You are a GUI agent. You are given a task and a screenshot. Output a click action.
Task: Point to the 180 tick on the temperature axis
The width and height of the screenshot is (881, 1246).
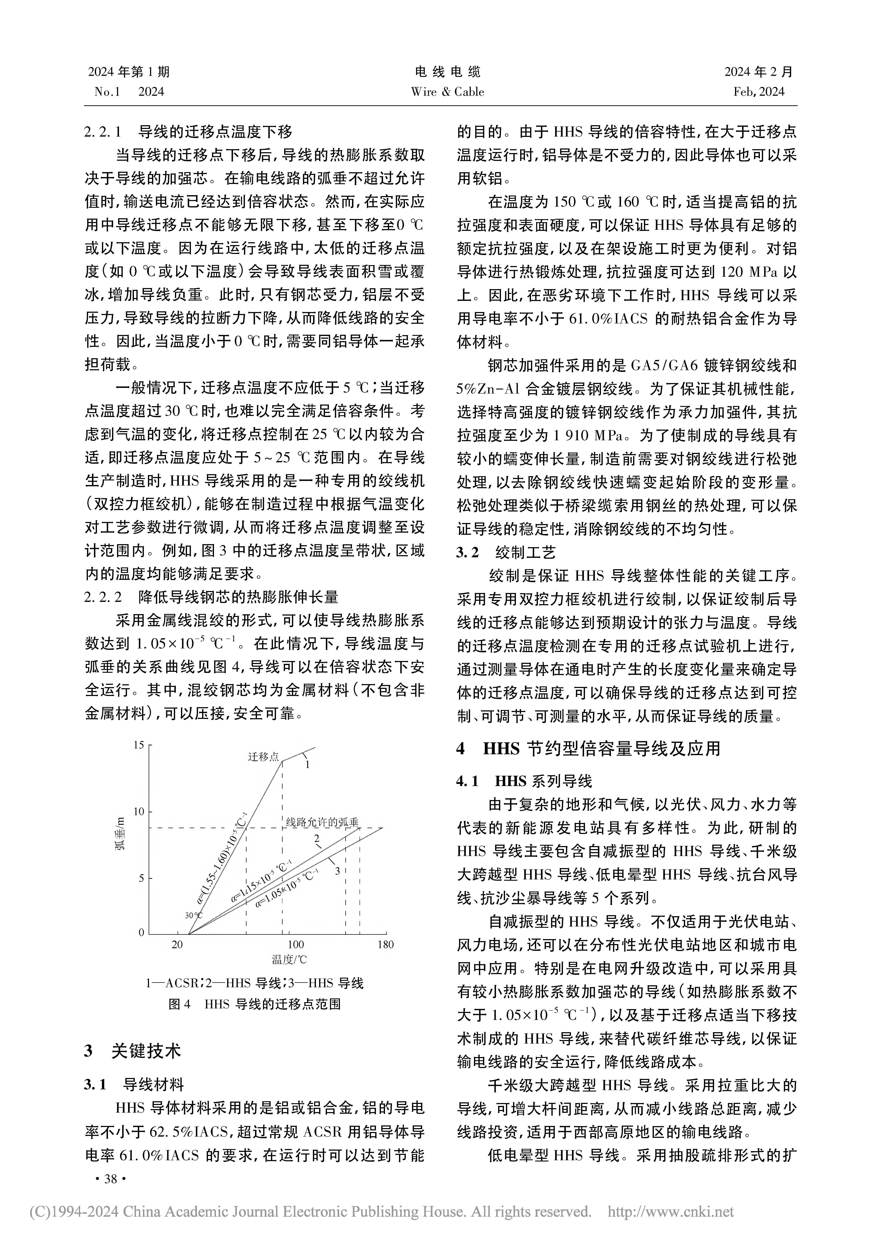pyautogui.click(x=385, y=945)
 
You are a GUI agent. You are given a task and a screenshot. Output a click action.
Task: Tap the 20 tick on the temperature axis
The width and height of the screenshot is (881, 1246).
pyautogui.click(x=178, y=945)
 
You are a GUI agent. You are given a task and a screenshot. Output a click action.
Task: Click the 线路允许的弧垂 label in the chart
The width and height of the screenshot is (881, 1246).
pyautogui.click(x=322, y=822)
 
